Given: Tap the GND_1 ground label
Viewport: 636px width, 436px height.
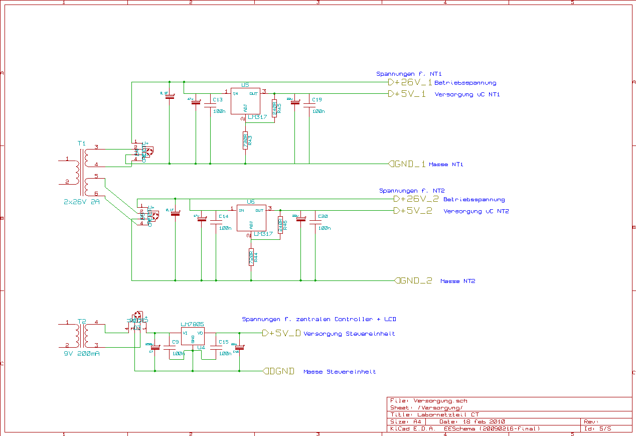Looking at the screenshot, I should click(408, 164).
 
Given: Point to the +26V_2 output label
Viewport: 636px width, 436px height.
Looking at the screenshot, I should click(416, 199).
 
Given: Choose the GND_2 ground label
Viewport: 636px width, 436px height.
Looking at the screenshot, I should click(413, 280).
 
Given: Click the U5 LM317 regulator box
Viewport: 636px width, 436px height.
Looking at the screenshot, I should click(245, 101).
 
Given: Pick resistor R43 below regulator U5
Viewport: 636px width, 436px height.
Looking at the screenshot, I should click(245, 140).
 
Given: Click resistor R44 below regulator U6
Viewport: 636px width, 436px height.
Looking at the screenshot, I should click(251, 258).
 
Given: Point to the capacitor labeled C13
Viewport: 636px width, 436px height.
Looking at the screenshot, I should click(210, 107).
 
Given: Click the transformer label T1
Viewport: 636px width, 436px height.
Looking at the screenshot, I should click(82, 143).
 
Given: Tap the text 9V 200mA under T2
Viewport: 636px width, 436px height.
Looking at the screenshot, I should click(82, 354).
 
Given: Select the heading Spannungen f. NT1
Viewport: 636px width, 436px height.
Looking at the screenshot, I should click(409, 74).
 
